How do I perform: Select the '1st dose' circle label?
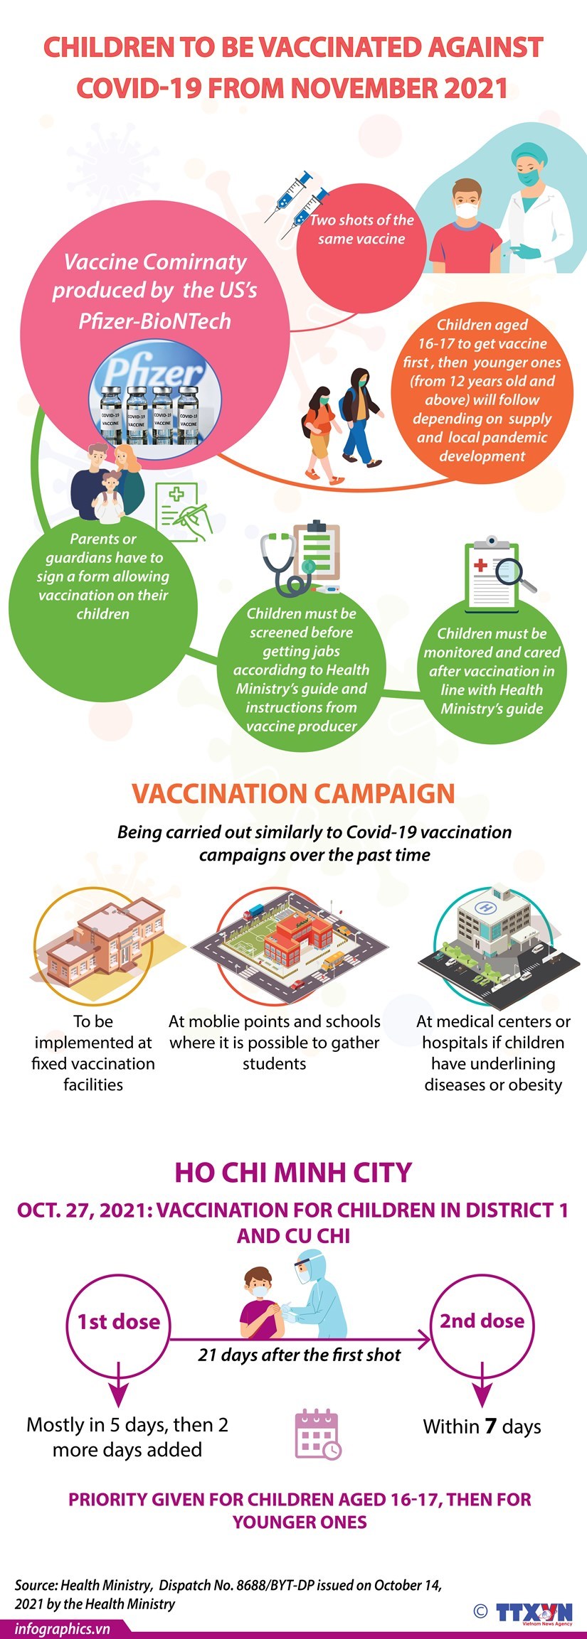(119, 1321)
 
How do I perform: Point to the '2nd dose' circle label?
(482, 1321)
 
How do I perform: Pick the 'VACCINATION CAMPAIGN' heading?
(293, 793)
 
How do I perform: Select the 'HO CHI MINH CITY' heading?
(293, 1172)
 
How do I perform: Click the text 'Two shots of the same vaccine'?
(361, 230)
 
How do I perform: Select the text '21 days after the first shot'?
(299, 1355)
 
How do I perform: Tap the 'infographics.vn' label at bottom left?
(63, 1628)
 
